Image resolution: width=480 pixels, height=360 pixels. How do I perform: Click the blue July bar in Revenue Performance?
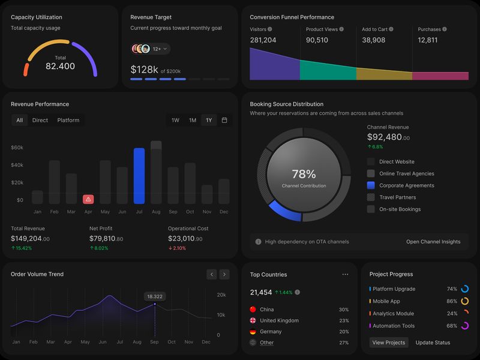click(139, 176)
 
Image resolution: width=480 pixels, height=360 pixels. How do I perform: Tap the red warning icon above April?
click(88, 199)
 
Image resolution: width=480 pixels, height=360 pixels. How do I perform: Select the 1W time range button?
click(175, 120)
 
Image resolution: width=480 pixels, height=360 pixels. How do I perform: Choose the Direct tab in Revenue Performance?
click(40, 120)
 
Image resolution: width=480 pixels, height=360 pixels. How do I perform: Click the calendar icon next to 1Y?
click(224, 120)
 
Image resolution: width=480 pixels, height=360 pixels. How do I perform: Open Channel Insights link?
click(433, 242)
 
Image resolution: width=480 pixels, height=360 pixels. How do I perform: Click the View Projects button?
click(389, 343)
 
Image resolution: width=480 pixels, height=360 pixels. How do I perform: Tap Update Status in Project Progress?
click(433, 343)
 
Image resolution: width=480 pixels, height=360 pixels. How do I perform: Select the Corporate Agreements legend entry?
click(406, 185)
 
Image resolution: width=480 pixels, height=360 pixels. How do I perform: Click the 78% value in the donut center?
click(304, 174)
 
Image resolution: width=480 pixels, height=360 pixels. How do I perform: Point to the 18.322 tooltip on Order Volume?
click(155, 296)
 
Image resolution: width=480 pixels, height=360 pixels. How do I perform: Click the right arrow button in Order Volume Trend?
click(224, 274)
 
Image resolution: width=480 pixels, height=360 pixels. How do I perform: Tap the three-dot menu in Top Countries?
click(345, 274)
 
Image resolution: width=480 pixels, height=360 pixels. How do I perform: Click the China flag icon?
click(253, 310)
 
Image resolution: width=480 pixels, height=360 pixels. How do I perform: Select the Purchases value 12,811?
click(428, 40)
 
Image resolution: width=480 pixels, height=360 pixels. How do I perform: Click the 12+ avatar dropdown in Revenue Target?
click(160, 49)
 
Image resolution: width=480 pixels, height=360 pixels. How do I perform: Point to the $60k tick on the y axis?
click(17, 148)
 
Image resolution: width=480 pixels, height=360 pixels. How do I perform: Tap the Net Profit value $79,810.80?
click(106, 239)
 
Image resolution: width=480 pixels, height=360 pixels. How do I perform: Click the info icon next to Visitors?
click(270, 29)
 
